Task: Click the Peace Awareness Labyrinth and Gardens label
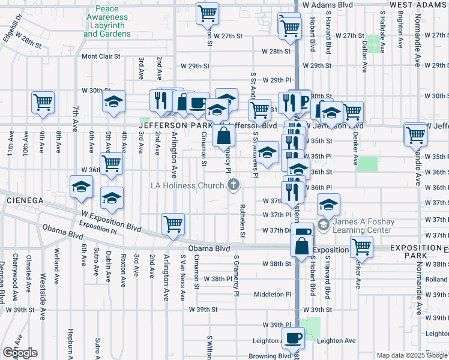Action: [x=107, y=22]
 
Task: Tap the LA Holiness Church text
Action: [x=187, y=185]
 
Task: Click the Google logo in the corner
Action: [x=19, y=353]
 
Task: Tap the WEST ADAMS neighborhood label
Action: [x=418, y=4]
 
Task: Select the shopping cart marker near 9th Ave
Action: [x=43, y=103]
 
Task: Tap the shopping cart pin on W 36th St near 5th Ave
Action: [x=111, y=163]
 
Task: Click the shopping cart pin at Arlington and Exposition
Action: [x=173, y=224]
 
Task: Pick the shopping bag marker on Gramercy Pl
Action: [x=223, y=136]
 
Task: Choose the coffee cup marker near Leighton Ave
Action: [x=294, y=339]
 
